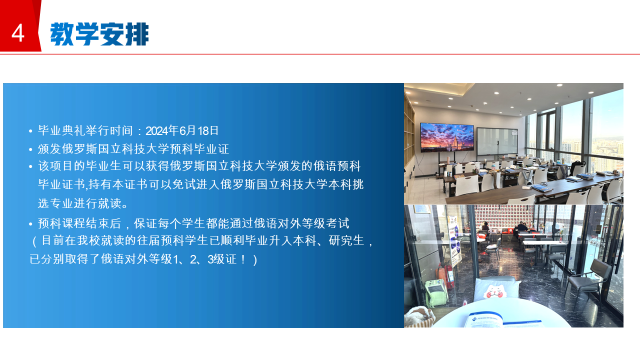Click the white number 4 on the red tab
[17, 33]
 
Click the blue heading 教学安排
[99, 34]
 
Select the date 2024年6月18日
[182, 131]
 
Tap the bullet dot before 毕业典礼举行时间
[30, 131]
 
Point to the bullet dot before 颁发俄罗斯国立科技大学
[30, 149]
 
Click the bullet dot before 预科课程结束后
[30, 224]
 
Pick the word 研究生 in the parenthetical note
[346, 240]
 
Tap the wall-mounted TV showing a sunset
[447, 137]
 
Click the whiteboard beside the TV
[497, 141]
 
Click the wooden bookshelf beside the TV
[409, 134]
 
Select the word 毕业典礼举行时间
[85, 131]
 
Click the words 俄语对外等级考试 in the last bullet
[301, 223]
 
